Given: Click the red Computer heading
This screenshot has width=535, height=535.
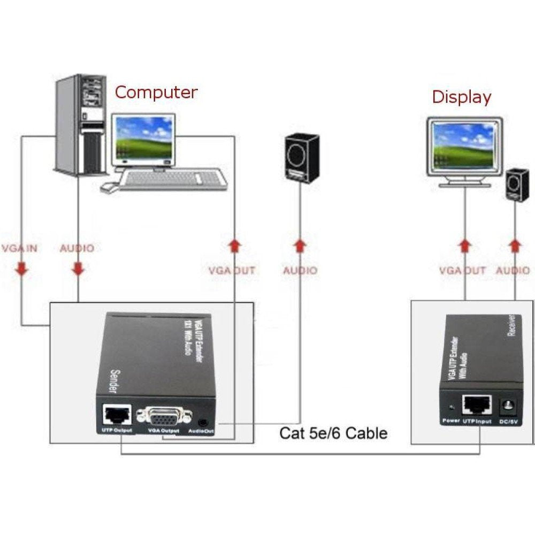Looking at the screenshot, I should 156,92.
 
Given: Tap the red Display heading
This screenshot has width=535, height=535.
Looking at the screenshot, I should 461,97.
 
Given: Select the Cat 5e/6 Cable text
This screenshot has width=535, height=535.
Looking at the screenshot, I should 333,432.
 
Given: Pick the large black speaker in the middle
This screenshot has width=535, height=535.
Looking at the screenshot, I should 302,159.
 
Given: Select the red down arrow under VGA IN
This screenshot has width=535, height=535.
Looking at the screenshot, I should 21,268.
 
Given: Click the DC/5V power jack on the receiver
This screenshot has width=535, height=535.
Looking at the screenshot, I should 508,408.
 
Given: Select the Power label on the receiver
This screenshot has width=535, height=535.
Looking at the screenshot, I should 451,421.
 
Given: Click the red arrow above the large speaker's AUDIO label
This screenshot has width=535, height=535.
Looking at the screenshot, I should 301,246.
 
